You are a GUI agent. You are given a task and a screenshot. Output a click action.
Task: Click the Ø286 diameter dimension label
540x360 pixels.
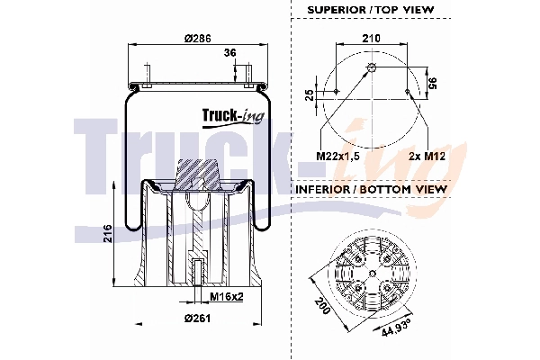point(197,38)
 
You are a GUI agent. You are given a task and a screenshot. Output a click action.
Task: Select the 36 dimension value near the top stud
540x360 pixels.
point(229,54)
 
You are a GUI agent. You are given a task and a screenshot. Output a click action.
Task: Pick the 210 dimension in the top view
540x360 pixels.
point(371,40)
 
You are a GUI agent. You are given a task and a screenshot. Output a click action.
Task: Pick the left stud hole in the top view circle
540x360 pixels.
point(335,91)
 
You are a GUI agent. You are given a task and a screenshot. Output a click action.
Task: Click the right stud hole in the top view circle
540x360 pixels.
point(410,91)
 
